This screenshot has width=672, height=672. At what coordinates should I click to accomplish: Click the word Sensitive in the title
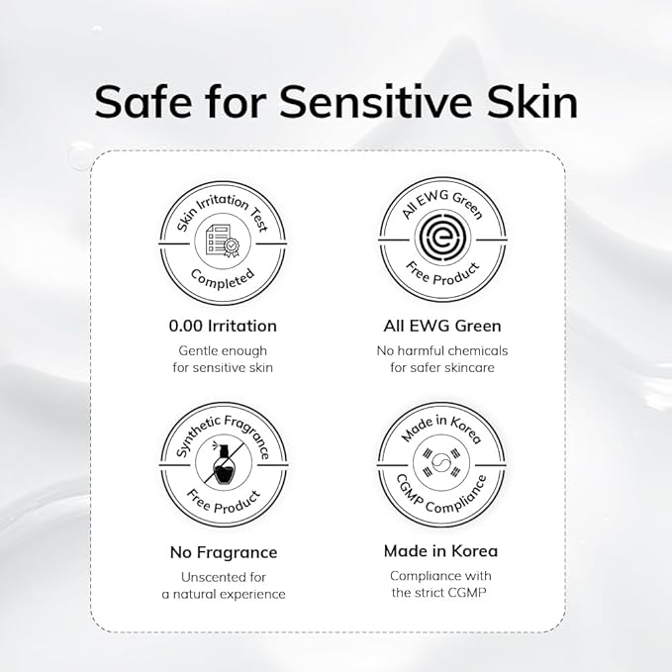tap(390, 102)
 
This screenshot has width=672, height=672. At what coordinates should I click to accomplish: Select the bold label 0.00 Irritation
tap(224, 325)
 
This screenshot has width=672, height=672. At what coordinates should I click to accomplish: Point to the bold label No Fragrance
tap(224, 551)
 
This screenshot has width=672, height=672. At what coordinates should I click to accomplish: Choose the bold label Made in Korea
tap(440, 550)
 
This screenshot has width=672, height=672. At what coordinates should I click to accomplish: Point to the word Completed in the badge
tap(224, 280)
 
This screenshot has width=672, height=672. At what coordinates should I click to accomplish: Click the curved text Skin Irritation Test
tap(224, 204)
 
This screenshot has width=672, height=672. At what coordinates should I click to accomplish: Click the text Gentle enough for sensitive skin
tap(224, 358)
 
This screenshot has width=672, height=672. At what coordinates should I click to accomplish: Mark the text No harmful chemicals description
tap(441, 358)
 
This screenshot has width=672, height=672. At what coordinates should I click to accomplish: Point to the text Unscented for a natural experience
tap(224, 585)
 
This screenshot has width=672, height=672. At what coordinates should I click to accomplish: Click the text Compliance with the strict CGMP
tap(440, 584)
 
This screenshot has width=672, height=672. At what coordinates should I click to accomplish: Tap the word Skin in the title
tap(529, 102)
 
